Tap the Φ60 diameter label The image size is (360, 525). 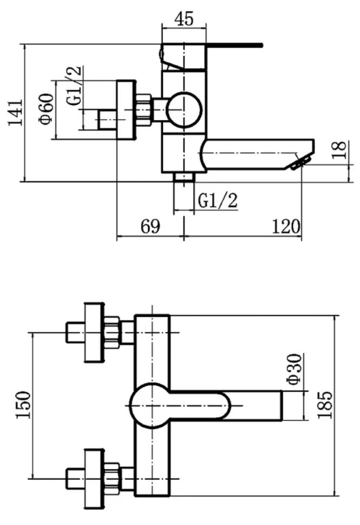coord(47,109)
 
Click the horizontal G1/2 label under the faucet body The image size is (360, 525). coord(218,200)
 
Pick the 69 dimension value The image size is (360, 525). coord(150,226)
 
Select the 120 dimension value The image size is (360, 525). coord(286,226)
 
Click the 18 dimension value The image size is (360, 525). coord(340,150)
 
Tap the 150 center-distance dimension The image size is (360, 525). coord(24,404)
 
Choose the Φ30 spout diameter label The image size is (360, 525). coord(294,369)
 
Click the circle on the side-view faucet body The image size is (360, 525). coord(185,109)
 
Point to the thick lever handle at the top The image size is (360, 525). coord(234,44)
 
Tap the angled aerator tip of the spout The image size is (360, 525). coord(299,163)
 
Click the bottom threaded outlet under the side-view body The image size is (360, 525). coord(184,177)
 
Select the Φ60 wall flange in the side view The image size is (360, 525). coord(126,109)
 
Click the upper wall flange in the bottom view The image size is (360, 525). coord(94,332)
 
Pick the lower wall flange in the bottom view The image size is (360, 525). coord(94,478)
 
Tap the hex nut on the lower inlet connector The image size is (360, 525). coord(112,478)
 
